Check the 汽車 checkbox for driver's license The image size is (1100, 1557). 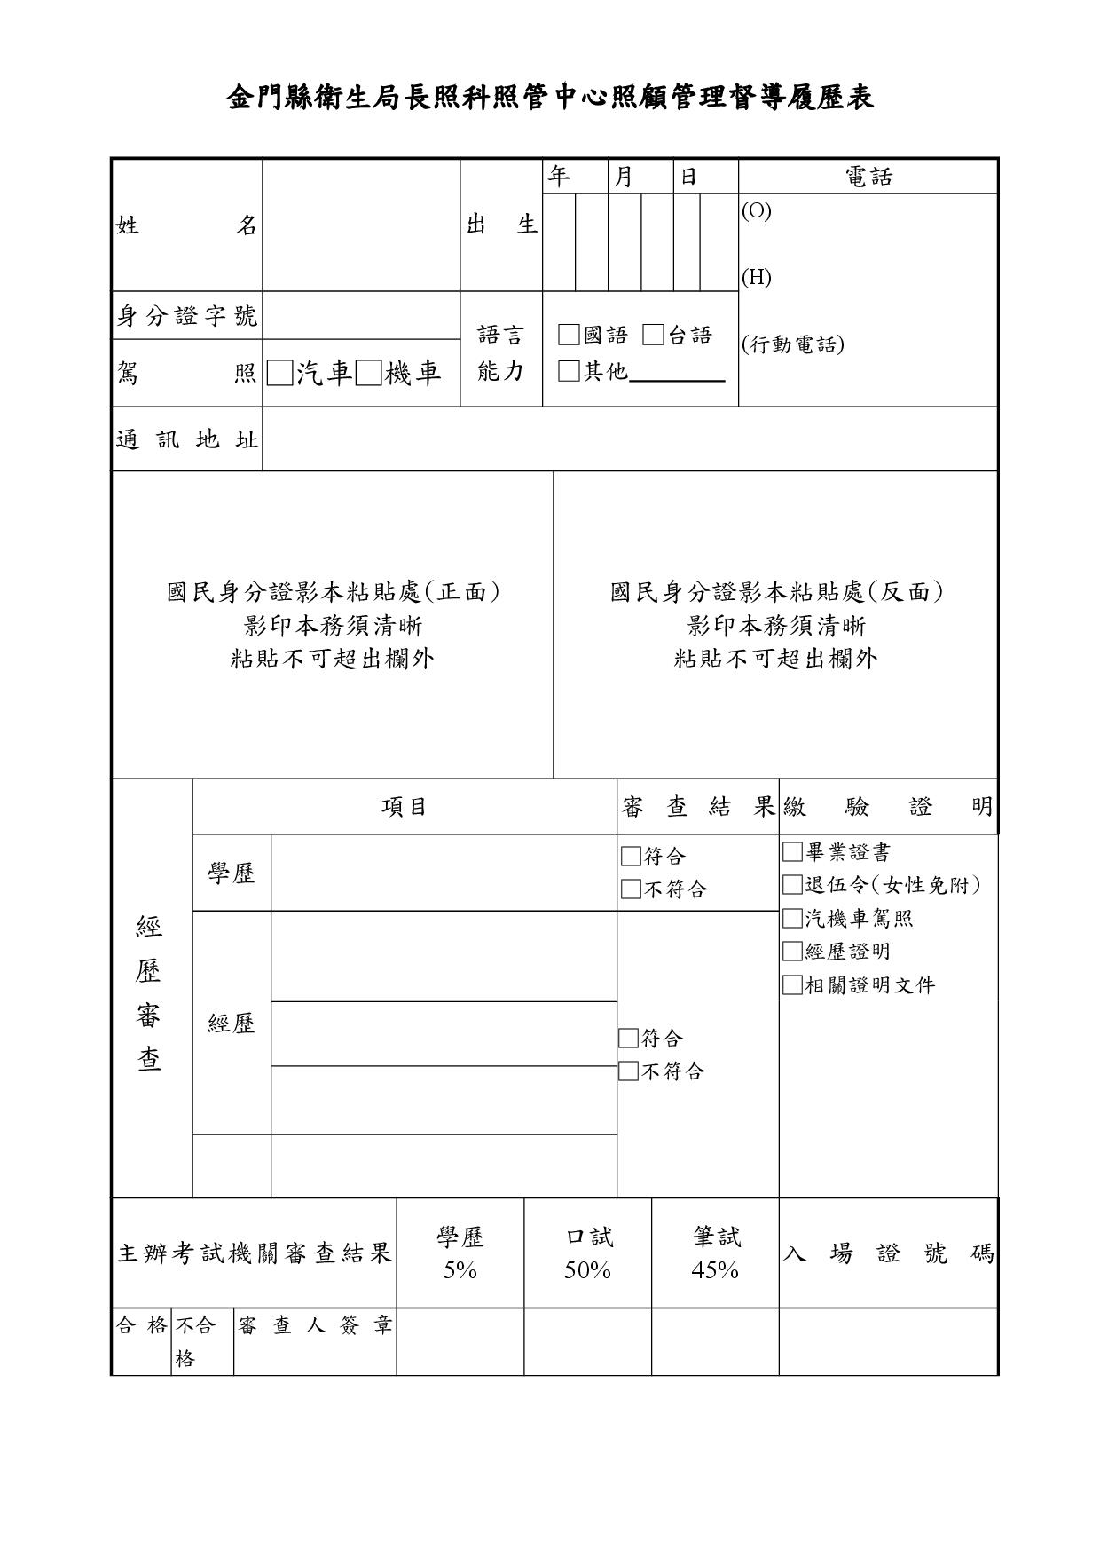(279, 374)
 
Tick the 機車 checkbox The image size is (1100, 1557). (368, 374)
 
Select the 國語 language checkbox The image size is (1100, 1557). (569, 335)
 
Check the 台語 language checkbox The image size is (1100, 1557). (654, 335)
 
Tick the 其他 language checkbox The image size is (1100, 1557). (569, 371)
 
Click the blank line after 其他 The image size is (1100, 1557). (677, 373)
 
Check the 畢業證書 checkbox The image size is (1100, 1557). (792, 852)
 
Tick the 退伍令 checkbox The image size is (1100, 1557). (792, 885)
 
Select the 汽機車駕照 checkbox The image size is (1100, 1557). (792, 918)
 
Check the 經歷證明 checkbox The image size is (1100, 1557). (792, 952)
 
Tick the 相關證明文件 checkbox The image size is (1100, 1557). (792, 985)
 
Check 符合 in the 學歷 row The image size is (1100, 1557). (631, 857)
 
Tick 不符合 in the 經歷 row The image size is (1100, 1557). (628, 1071)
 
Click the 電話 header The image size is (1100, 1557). (868, 177)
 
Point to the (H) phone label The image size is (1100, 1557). (757, 277)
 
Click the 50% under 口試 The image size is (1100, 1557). (587, 1271)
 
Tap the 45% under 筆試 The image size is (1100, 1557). (715, 1271)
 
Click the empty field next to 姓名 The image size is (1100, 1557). (361, 225)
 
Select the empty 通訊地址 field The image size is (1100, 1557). (630, 439)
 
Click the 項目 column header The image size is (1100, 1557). (405, 807)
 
